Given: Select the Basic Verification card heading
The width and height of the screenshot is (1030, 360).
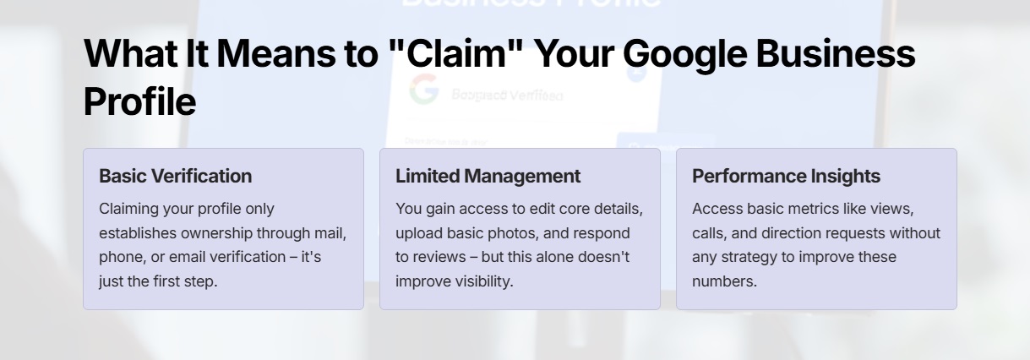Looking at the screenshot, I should point(175,176).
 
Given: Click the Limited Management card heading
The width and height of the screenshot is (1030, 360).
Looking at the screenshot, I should point(488,176).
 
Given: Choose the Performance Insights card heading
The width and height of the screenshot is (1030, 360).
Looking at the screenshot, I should point(786,176).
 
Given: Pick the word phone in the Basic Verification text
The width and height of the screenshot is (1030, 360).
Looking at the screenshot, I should point(120,257).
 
